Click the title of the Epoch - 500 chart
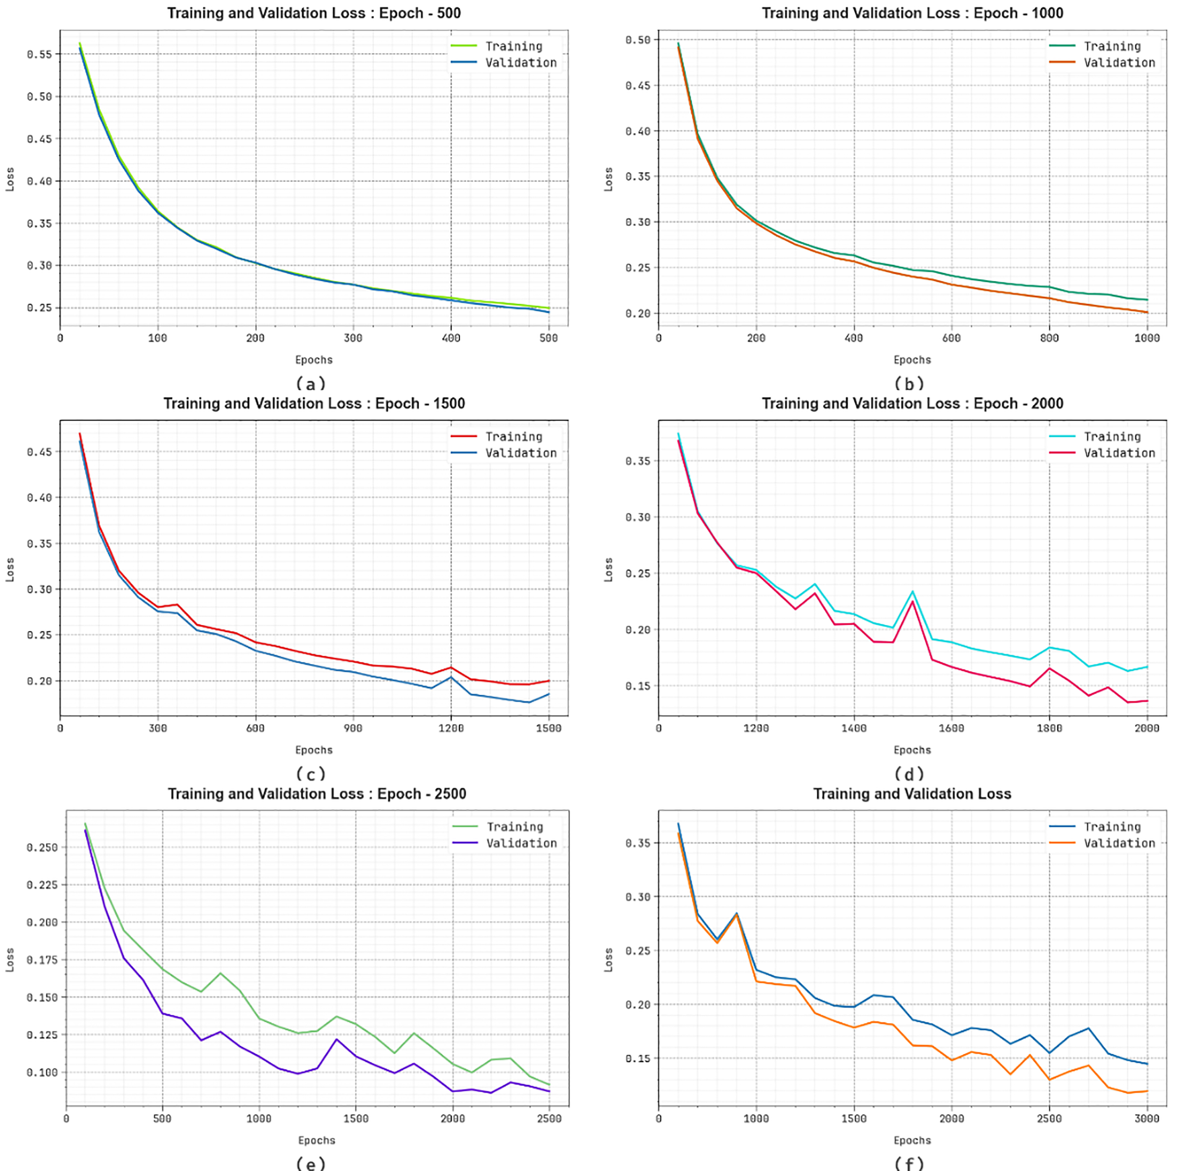point(314,13)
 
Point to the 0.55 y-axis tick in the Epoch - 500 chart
point(39,54)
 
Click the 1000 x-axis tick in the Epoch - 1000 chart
point(1147,338)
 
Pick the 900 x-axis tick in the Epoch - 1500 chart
point(353,728)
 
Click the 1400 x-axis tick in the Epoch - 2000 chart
point(854,728)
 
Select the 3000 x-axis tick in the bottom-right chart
point(1147,1118)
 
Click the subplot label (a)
point(311,384)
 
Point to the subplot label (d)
point(909,774)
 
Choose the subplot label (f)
point(909,1163)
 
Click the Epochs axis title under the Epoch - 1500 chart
point(314,750)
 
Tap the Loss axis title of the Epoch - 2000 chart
point(608,569)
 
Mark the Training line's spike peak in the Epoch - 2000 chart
point(912,592)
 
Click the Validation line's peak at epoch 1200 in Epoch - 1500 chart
point(451,677)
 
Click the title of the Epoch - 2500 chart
point(317,794)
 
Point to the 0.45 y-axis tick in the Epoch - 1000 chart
point(638,86)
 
